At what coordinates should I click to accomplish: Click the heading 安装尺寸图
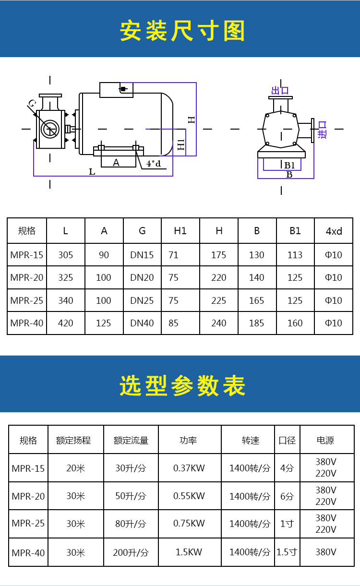coord(182,31)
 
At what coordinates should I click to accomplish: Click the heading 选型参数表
coord(182,385)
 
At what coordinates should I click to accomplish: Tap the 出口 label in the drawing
coord(280,91)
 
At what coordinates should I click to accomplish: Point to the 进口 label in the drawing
coord(322,130)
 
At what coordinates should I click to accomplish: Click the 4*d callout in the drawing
coord(154,164)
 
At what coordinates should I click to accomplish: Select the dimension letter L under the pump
coord(92,172)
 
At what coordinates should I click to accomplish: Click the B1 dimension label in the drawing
coord(289,165)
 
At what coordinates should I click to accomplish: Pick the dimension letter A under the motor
coord(116,163)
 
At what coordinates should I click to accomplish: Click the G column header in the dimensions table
coord(142,231)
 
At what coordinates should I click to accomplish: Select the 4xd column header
coord(334,231)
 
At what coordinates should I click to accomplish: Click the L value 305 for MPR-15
coord(65,255)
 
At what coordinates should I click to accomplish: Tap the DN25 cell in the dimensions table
coord(142,300)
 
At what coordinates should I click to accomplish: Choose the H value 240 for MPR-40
coord(219,323)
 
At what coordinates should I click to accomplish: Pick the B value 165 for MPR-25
coord(257,300)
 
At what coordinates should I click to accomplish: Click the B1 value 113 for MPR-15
coord(295,255)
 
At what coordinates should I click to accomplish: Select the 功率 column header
coord(188,441)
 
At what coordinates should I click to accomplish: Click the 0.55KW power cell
coord(189,496)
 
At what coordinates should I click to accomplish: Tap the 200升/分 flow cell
coord(131,552)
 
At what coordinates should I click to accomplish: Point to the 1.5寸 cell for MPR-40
coord(287,552)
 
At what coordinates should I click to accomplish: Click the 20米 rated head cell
coord(76,468)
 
